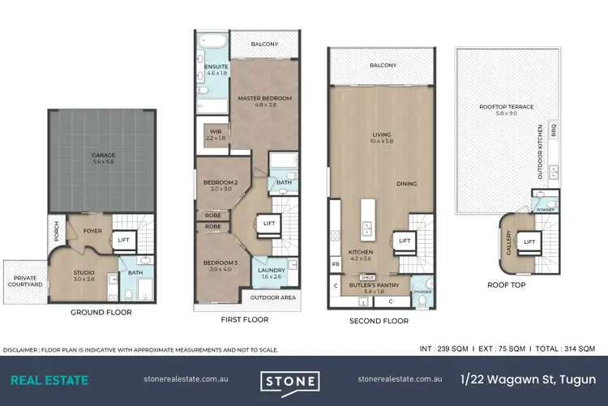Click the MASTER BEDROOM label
tap(264, 98)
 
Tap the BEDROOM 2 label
tap(220, 182)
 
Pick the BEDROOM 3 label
tap(220, 241)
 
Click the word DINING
tap(406, 184)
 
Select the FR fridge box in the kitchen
tap(336, 264)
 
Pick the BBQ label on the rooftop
tap(554, 128)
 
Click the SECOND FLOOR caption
tap(379, 321)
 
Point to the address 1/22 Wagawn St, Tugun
tap(528, 379)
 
